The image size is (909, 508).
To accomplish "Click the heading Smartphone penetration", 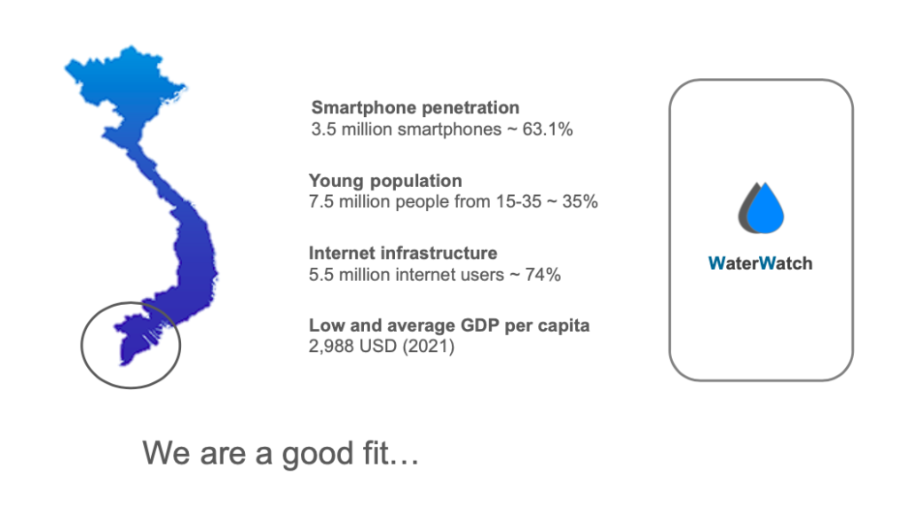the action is [415, 108].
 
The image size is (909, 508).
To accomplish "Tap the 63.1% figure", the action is [547, 129].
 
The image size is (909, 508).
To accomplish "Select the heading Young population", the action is [385, 181].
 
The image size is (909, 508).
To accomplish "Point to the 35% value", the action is [580, 201].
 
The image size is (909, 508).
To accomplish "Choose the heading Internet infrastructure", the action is [403, 254].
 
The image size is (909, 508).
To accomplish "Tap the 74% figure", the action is [542, 275].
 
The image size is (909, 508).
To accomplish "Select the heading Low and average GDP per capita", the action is [449, 325].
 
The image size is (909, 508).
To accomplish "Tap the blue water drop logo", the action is [765, 208].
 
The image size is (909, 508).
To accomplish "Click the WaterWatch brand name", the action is [760, 263].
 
